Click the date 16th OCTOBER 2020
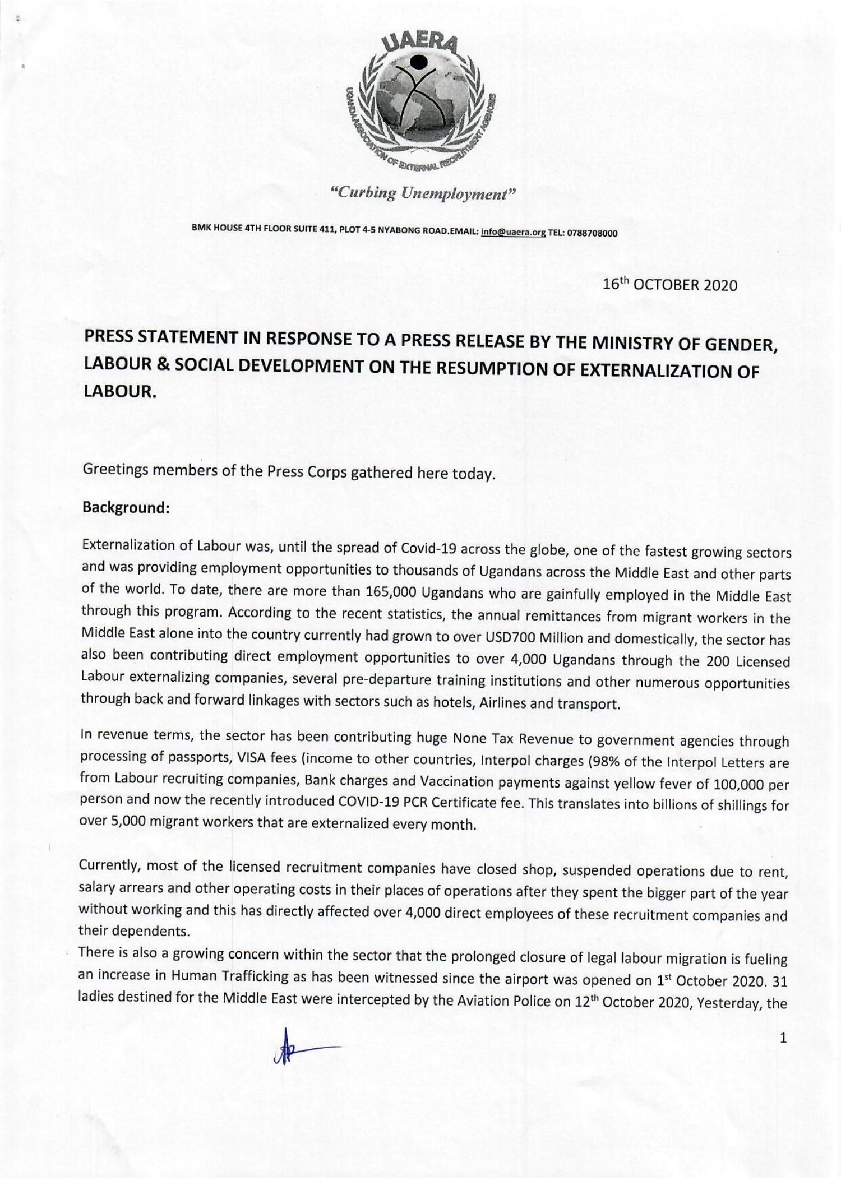(669, 285)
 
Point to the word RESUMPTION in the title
(478, 369)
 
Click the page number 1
(783, 1038)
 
